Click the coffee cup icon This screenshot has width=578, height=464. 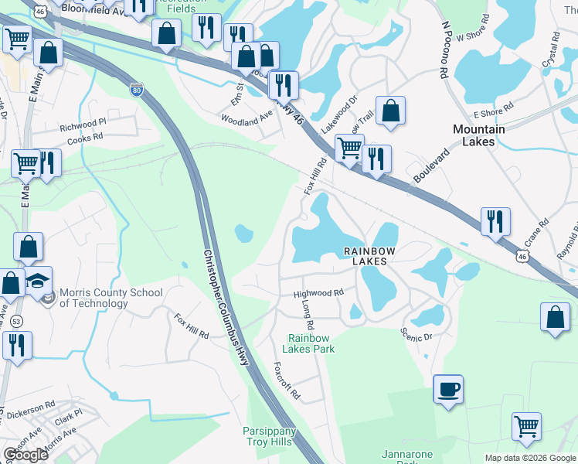pyautogui.click(x=447, y=388)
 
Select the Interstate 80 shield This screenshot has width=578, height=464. pyautogui.click(x=136, y=89)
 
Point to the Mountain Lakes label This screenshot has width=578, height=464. pyautogui.click(x=478, y=135)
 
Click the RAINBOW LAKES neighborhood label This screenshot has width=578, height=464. pyautogui.click(x=369, y=256)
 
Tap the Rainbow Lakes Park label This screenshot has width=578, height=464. pyautogui.click(x=311, y=343)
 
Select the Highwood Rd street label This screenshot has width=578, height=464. pyautogui.click(x=318, y=294)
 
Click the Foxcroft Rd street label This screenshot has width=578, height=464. pyautogui.click(x=287, y=381)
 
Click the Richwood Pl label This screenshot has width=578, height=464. pyautogui.click(x=83, y=124)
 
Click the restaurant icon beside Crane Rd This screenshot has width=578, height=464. pyautogui.click(x=495, y=221)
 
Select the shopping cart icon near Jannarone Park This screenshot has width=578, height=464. pyautogui.click(x=526, y=425)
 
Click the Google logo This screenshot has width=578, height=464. pyautogui.click(x=26, y=454)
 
